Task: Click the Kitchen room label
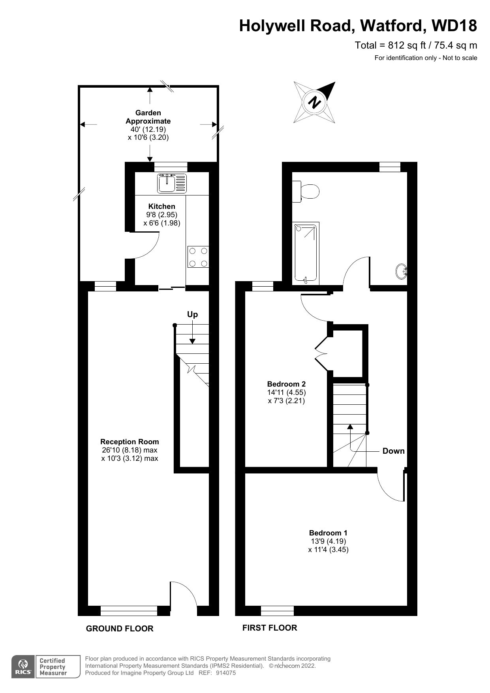[161, 206]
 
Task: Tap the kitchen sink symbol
[172, 183]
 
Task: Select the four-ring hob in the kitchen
[198, 257]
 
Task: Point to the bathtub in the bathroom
[306, 253]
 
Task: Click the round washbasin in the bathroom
[402, 271]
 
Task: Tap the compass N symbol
[315, 102]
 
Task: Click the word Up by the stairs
[192, 314]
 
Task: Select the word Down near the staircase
[393, 451]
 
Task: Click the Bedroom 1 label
[328, 533]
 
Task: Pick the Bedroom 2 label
[286, 384]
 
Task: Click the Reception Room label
[130, 441]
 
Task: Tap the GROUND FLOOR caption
[120, 628]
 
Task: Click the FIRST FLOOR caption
[270, 627]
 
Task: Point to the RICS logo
[23, 667]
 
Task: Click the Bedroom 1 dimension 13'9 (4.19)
[328, 541]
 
